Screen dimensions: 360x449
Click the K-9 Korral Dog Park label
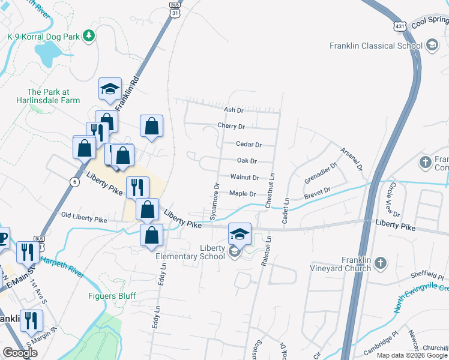[x=43, y=37]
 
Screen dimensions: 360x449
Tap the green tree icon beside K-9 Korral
[x=89, y=36]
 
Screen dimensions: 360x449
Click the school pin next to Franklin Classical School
[x=432, y=45]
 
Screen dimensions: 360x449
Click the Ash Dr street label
[x=233, y=110]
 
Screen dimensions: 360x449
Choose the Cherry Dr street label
[x=231, y=127]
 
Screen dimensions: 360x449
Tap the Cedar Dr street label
[x=249, y=145]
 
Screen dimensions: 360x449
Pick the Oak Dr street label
[x=247, y=161]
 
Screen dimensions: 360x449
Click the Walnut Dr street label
[x=244, y=178]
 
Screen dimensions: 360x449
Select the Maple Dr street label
[x=243, y=194]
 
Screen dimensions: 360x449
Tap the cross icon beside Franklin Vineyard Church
[x=381, y=263]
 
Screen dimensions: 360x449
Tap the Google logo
[x=20, y=353]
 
